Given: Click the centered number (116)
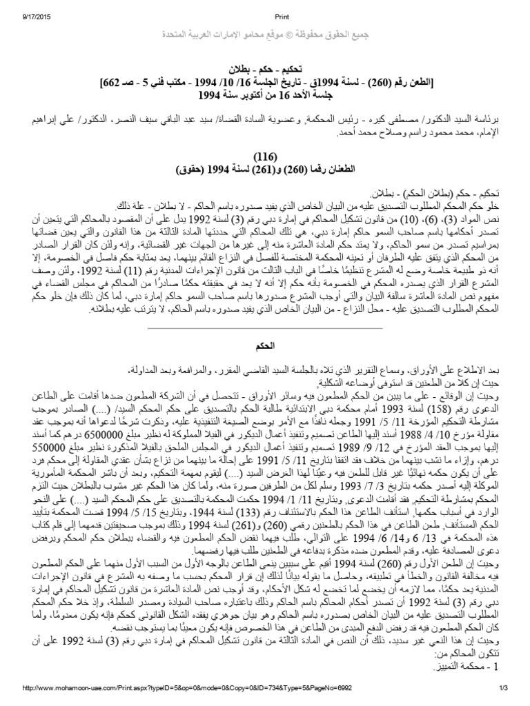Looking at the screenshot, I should point(264,155).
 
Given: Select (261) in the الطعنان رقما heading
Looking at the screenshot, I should point(254,168).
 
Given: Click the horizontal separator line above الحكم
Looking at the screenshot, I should point(264,327).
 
